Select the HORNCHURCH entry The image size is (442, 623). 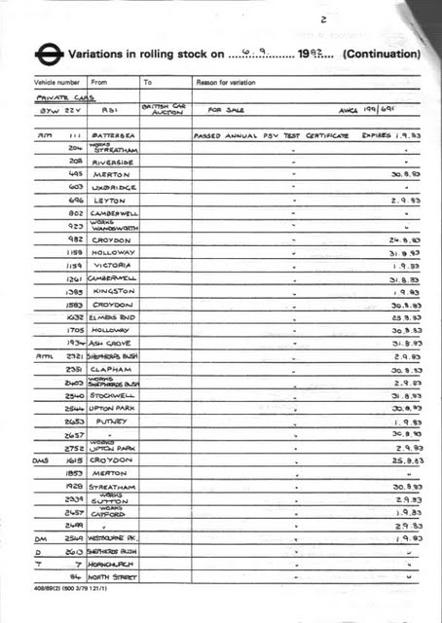116,564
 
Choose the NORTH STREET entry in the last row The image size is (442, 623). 115,576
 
